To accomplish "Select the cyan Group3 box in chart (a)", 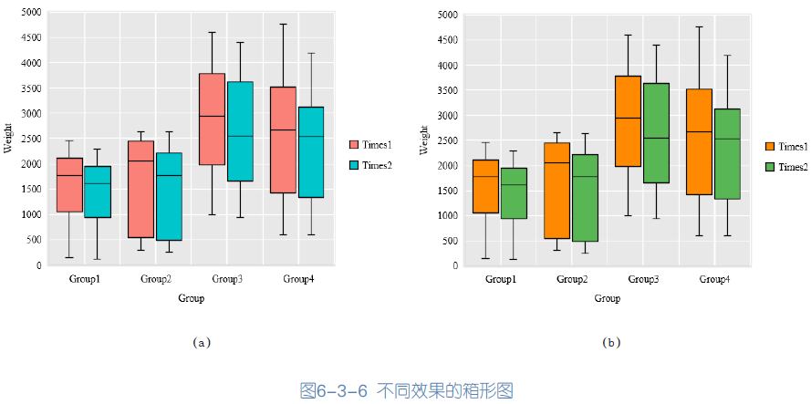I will point(240,131).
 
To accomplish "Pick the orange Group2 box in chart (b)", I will point(556,191).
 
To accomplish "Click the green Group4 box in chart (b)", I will point(727,153).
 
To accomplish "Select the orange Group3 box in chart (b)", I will point(628,121).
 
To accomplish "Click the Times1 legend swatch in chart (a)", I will point(354,145).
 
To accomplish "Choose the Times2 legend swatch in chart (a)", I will point(354,165).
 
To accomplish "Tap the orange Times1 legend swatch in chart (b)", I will point(771,147).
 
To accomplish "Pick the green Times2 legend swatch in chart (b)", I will point(771,167).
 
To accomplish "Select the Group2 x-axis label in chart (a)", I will point(156,278).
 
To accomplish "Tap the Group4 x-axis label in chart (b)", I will point(714,279).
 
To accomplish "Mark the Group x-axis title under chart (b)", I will point(607,298).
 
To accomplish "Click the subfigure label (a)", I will point(202,343).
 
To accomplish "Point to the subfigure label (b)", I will point(610,343).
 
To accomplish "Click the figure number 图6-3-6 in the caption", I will point(333,390).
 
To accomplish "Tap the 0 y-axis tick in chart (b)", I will point(454,266).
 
